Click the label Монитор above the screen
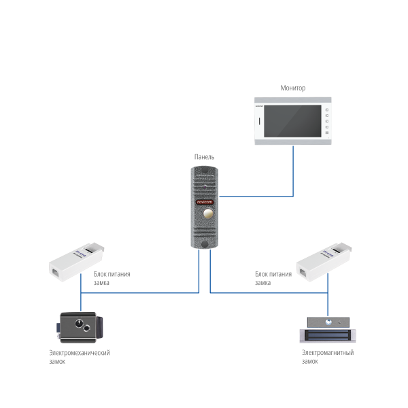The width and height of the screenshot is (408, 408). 293,88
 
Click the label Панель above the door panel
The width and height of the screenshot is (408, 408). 204,156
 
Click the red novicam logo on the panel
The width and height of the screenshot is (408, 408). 204,201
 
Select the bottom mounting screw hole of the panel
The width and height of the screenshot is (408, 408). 204,243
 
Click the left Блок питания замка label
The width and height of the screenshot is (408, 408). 112,277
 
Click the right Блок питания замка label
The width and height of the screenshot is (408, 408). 273,277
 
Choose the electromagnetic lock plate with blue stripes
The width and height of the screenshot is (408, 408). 328,335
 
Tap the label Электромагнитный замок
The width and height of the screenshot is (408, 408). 328,356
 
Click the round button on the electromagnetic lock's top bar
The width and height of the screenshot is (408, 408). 328,322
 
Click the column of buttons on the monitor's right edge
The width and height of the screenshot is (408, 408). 328,123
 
